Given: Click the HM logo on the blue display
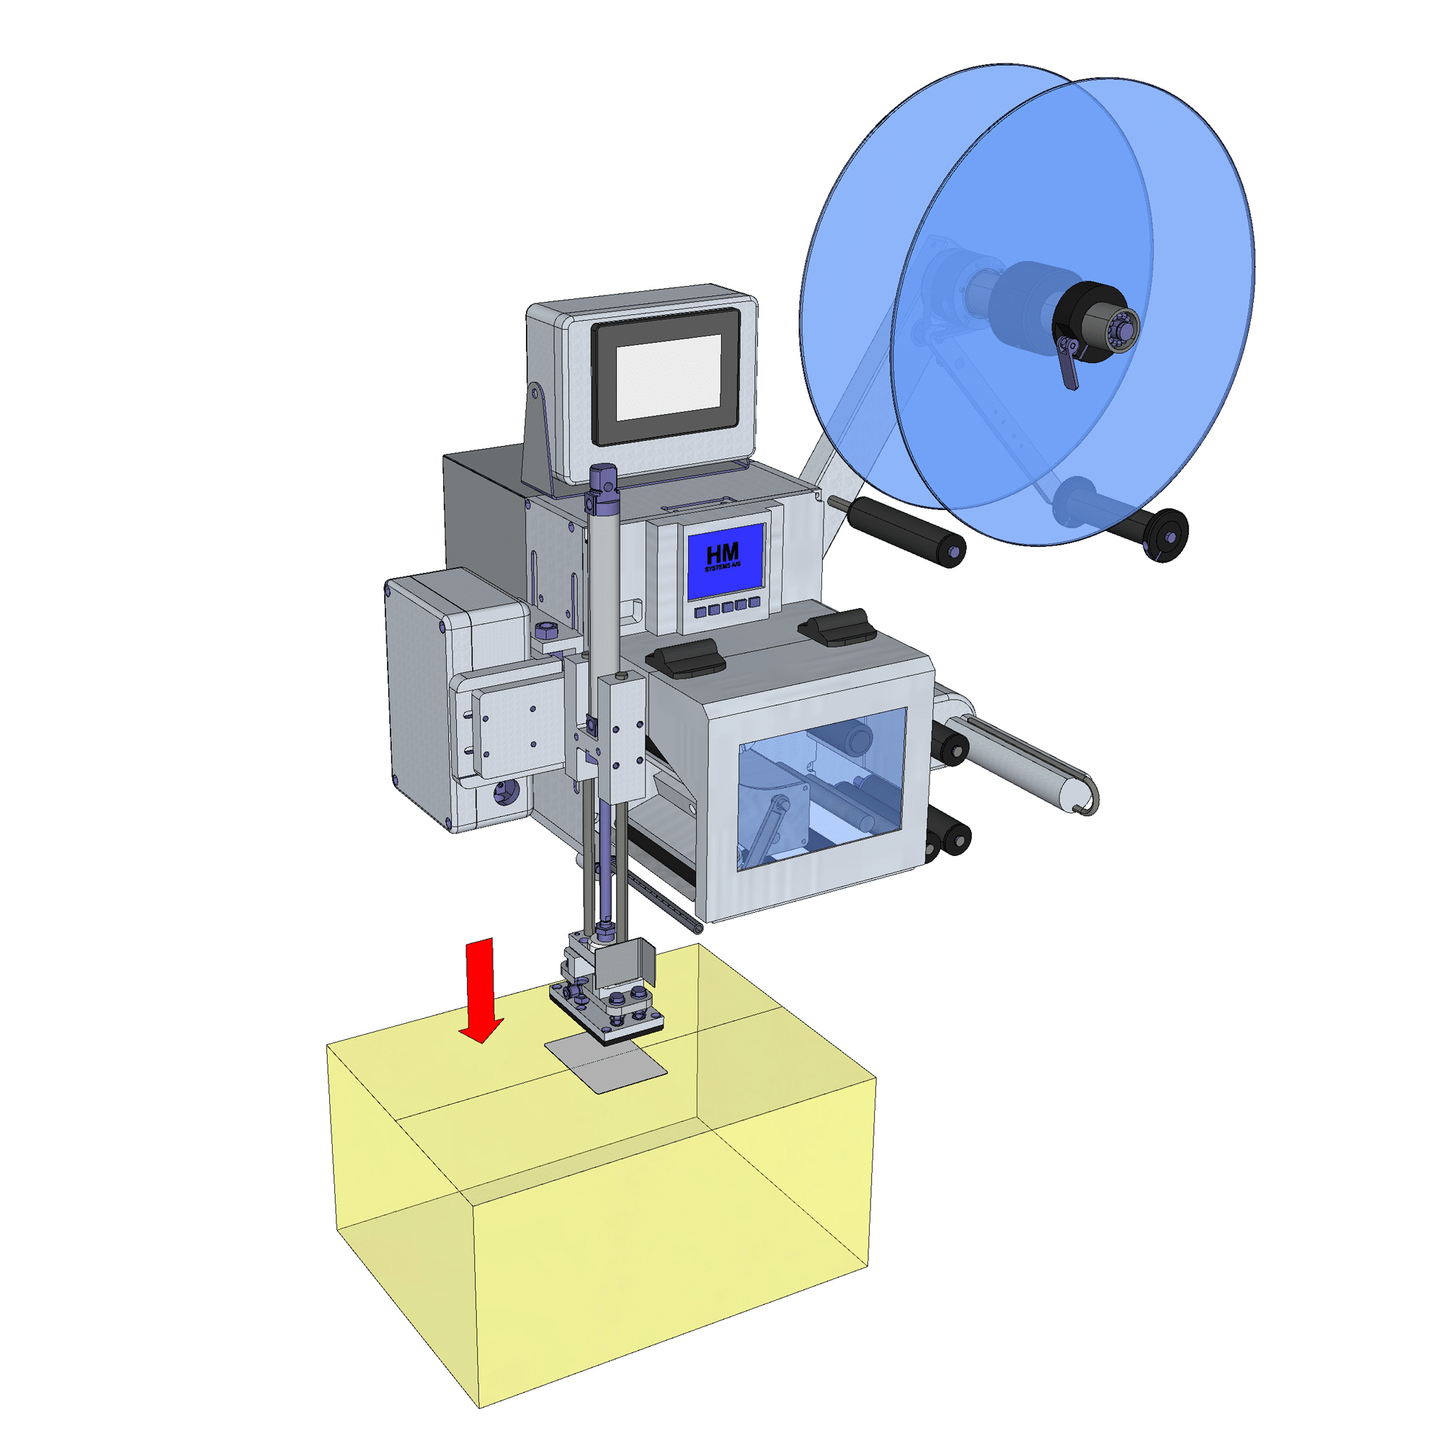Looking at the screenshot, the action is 723,556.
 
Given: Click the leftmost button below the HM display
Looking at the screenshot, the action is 700,612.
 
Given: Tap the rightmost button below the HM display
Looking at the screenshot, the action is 754,602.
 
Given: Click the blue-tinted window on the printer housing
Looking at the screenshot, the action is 821,788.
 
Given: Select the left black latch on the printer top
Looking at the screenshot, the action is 685,659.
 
